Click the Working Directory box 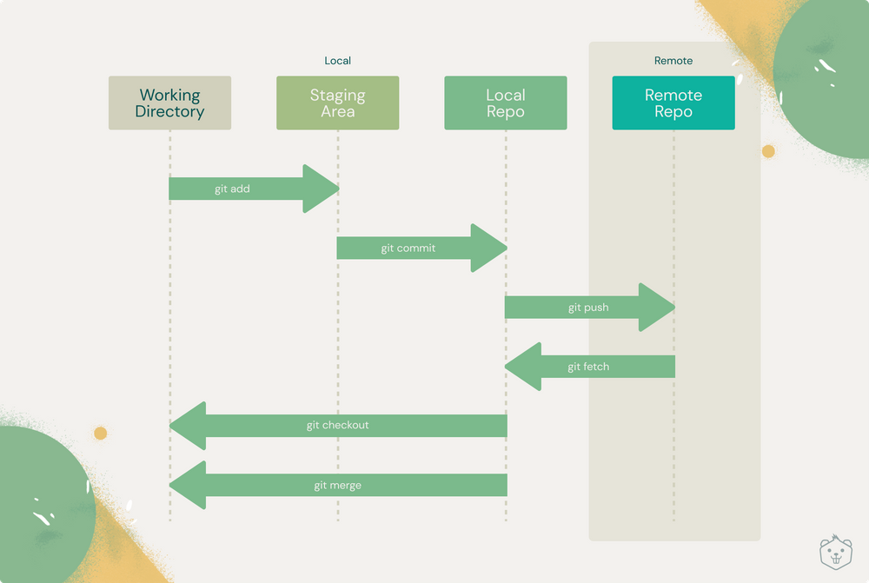(169, 103)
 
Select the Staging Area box (337, 103)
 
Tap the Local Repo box (505, 103)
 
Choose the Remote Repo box (673, 103)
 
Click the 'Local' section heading (337, 61)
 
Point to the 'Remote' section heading (673, 61)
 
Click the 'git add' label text (232, 189)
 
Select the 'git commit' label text (408, 248)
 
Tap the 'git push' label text (588, 308)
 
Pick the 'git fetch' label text (588, 367)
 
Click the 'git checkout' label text (337, 426)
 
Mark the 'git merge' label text (337, 486)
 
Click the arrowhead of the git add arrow (320, 189)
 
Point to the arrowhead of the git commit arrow (488, 248)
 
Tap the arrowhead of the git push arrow (656, 308)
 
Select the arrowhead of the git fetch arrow (524, 367)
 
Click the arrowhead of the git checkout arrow (189, 426)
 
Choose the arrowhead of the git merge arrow (189, 486)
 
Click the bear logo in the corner (834, 552)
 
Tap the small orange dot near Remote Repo (768, 151)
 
